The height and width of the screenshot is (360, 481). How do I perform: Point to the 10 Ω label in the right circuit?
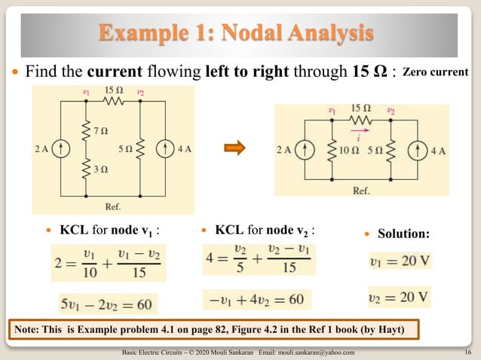348,150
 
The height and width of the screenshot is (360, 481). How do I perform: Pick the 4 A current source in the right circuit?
417,150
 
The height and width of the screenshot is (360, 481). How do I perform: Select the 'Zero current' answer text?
436,72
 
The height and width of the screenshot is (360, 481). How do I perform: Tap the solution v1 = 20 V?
400,262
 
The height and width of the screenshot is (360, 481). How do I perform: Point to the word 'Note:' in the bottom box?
29,330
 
